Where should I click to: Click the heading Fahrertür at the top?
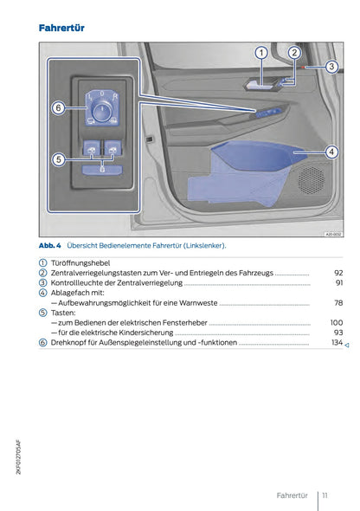click(x=61, y=29)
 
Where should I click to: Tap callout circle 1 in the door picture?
click(x=260, y=54)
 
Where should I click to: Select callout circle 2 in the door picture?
click(x=294, y=54)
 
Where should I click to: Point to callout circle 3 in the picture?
click(x=331, y=67)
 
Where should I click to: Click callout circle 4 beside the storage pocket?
click(x=331, y=152)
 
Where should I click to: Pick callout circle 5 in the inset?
click(x=57, y=159)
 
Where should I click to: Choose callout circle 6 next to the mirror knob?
click(x=57, y=108)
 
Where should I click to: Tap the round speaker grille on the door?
click(x=310, y=179)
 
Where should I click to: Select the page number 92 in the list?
click(x=337, y=273)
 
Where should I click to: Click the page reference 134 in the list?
click(x=336, y=343)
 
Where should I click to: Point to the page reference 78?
click(x=337, y=303)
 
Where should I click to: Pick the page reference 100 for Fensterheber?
click(x=336, y=322)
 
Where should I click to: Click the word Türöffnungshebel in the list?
click(x=87, y=262)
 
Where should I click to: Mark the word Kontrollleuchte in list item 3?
click(x=82, y=282)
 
